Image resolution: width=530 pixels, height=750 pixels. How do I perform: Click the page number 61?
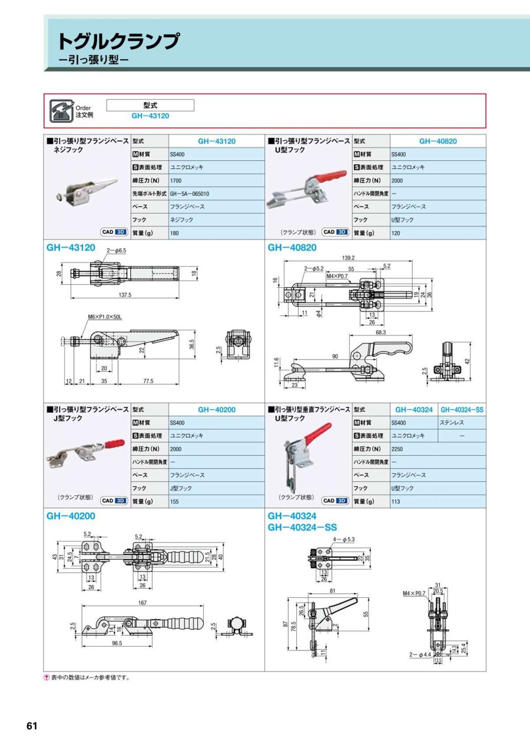pyautogui.click(x=32, y=726)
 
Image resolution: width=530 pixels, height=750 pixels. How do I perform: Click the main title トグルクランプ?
pyautogui.click(x=118, y=42)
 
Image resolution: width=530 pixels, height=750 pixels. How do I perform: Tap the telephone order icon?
pyautogui.click(x=61, y=110)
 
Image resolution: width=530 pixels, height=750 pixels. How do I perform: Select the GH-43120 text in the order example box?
pyautogui.click(x=150, y=116)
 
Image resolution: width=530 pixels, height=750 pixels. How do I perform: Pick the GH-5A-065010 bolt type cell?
pyautogui.click(x=190, y=193)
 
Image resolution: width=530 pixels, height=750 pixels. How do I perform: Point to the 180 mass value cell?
pyautogui.click(x=175, y=233)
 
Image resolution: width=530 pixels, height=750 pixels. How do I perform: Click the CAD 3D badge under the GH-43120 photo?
pyautogui.click(x=114, y=232)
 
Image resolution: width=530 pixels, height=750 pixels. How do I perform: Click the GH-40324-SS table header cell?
pyautogui.click(x=462, y=409)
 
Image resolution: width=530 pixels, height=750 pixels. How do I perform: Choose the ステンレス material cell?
pyautogui.click(x=450, y=423)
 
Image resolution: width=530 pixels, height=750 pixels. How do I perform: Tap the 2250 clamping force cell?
pyautogui.click(x=399, y=449)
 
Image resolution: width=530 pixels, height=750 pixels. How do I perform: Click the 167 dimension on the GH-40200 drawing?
pyautogui.click(x=143, y=603)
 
